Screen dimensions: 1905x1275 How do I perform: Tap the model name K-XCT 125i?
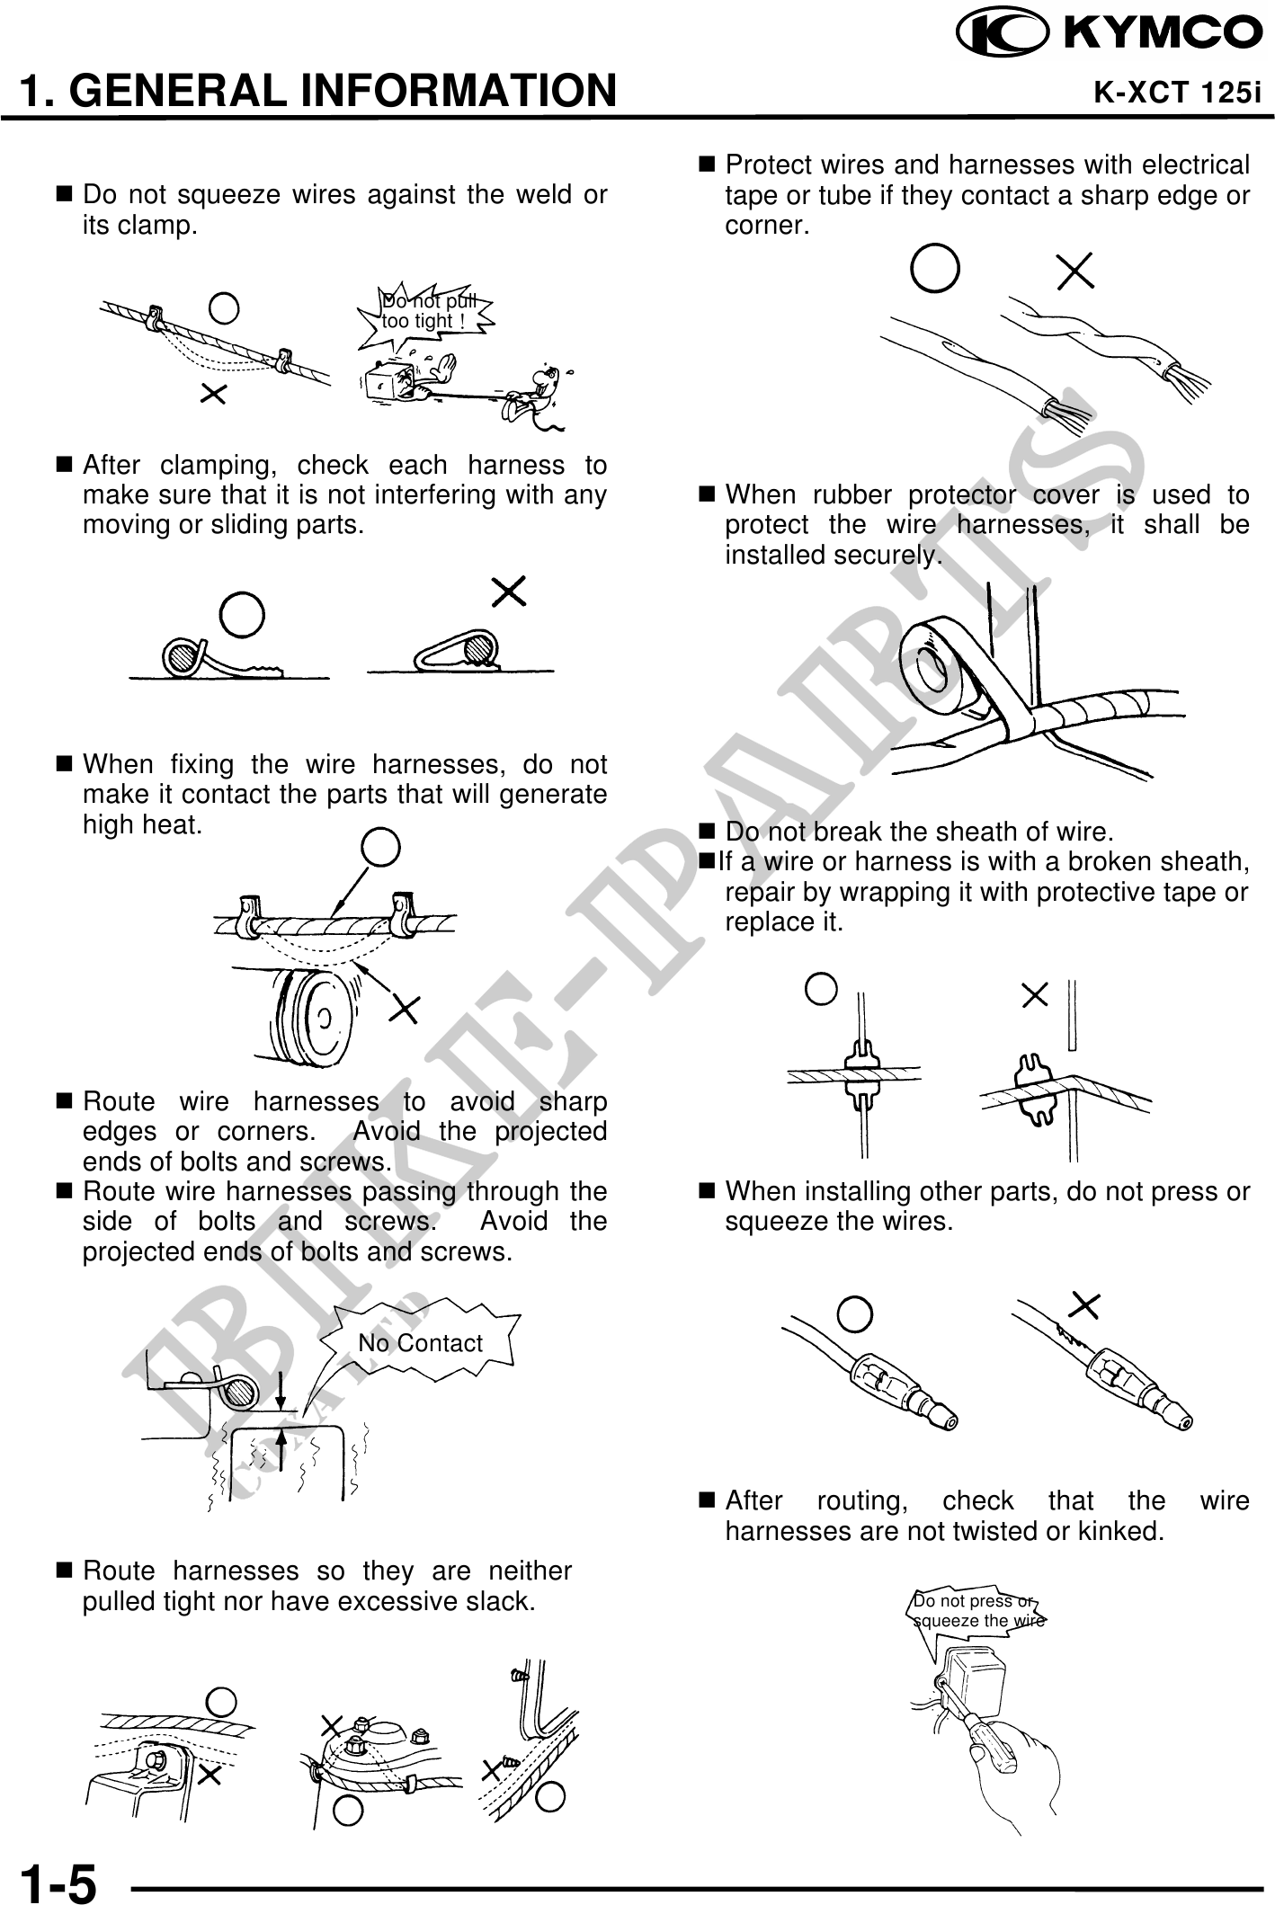click(1177, 93)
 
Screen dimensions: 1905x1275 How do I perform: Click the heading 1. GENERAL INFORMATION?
click(318, 91)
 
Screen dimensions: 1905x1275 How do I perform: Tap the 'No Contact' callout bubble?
click(420, 1343)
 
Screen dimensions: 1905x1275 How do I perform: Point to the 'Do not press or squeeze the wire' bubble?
click(978, 1611)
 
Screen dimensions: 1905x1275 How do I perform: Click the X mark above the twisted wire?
click(1074, 271)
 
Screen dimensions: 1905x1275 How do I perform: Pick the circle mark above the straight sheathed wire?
click(934, 268)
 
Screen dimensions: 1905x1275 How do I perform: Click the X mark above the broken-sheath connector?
click(1036, 993)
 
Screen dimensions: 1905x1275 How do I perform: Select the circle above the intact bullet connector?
click(855, 1314)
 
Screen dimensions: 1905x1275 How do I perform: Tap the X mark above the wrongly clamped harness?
click(509, 592)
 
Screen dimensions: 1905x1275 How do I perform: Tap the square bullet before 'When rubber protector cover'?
click(706, 494)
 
